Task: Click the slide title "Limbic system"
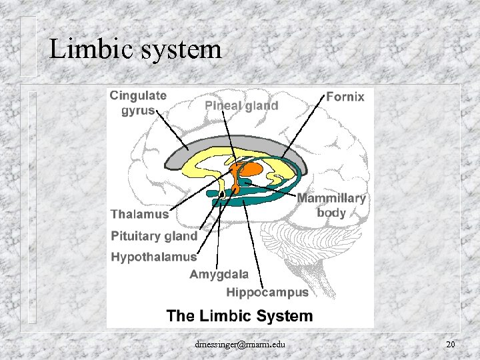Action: pos(135,49)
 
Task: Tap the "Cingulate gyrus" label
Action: pos(137,103)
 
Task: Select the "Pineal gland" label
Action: pos(241,105)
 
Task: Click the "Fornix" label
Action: pos(345,97)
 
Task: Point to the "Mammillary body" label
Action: pos(331,205)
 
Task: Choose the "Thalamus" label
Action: pos(139,214)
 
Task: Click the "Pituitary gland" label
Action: pos(154,235)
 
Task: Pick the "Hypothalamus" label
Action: pos(153,257)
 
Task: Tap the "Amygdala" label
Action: pos(219,274)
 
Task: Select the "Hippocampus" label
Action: pos(267,292)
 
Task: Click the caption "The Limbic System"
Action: pos(239,315)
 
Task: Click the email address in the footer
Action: pos(240,344)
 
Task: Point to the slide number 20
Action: pos(451,344)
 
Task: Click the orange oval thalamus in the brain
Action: pos(250,169)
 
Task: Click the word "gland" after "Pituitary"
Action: pos(181,235)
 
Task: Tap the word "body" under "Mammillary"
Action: pos(331,213)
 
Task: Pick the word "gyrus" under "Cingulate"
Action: pos(137,110)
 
